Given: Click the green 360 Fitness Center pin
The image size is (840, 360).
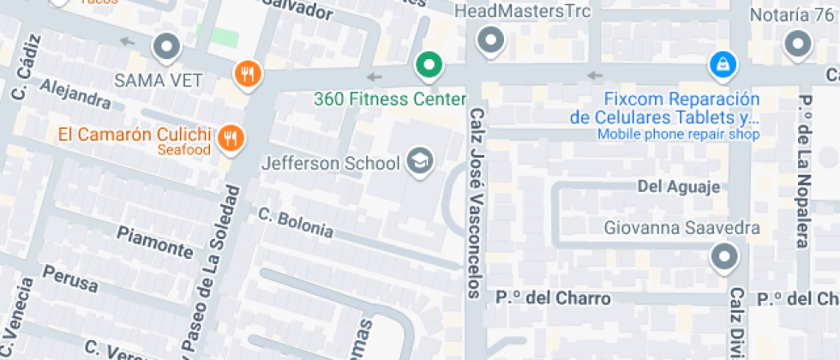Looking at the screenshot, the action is [x=429, y=64].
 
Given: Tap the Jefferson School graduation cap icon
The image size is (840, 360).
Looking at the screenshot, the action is [x=419, y=161].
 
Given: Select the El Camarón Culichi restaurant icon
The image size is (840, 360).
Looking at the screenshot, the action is [x=230, y=138].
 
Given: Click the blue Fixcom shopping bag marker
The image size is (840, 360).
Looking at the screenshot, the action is [x=723, y=64].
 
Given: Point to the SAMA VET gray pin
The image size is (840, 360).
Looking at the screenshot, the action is [x=166, y=46].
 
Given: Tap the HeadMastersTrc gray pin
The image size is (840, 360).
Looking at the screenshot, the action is [x=490, y=39].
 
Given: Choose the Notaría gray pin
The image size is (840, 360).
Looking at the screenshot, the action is [x=799, y=43].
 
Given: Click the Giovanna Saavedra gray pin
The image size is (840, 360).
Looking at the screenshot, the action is [x=725, y=255].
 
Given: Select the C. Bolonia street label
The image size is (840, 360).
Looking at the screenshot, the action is [x=295, y=222].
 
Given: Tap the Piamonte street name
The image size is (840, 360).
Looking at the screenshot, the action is [x=155, y=243].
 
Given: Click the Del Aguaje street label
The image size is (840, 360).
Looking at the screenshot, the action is [x=678, y=187].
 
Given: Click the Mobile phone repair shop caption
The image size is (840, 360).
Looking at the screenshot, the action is [x=678, y=135].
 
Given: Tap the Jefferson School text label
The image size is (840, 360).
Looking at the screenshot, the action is [x=331, y=163].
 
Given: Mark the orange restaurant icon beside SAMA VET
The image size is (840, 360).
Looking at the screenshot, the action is [x=247, y=74].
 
